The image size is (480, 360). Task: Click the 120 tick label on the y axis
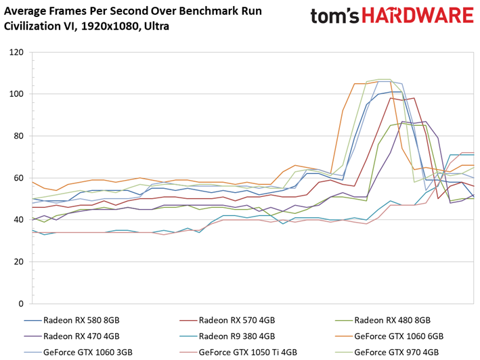click(16, 52)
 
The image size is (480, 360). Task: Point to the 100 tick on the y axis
click(16, 94)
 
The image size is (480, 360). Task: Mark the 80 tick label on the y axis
click(19, 136)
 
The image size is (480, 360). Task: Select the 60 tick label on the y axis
click(19, 178)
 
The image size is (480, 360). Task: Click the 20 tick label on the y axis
click(19, 262)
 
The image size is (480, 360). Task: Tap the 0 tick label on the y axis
click(21, 304)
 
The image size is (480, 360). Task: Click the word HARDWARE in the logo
click(418, 16)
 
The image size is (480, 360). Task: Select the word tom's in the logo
click(335, 16)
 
